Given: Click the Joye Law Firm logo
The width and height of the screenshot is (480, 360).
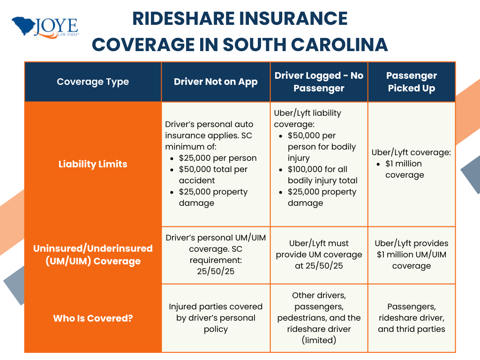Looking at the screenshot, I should [x=45, y=28].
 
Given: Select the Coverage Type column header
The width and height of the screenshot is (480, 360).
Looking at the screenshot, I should [x=93, y=82].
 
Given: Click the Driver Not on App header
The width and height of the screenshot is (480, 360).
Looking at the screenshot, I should [x=216, y=82].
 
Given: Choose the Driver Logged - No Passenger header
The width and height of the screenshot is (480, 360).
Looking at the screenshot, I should [x=319, y=82].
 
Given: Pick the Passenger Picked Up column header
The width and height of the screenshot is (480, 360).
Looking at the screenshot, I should [x=411, y=82].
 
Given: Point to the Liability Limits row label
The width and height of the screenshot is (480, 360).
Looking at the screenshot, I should [x=93, y=164].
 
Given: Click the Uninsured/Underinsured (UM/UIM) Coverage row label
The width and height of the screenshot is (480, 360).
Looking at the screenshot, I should [x=93, y=255].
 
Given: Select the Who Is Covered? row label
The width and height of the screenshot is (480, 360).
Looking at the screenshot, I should [x=93, y=318].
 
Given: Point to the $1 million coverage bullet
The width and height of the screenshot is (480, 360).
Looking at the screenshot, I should [x=404, y=169].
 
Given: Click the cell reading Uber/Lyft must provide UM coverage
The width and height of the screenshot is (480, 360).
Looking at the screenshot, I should [x=319, y=255].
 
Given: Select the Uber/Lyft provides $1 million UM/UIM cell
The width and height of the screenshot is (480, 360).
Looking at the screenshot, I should [x=411, y=255].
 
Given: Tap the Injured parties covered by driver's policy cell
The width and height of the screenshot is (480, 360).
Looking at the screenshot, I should [x=216, y=318].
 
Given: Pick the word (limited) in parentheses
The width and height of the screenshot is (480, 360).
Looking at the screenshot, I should [x=319, y=340].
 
